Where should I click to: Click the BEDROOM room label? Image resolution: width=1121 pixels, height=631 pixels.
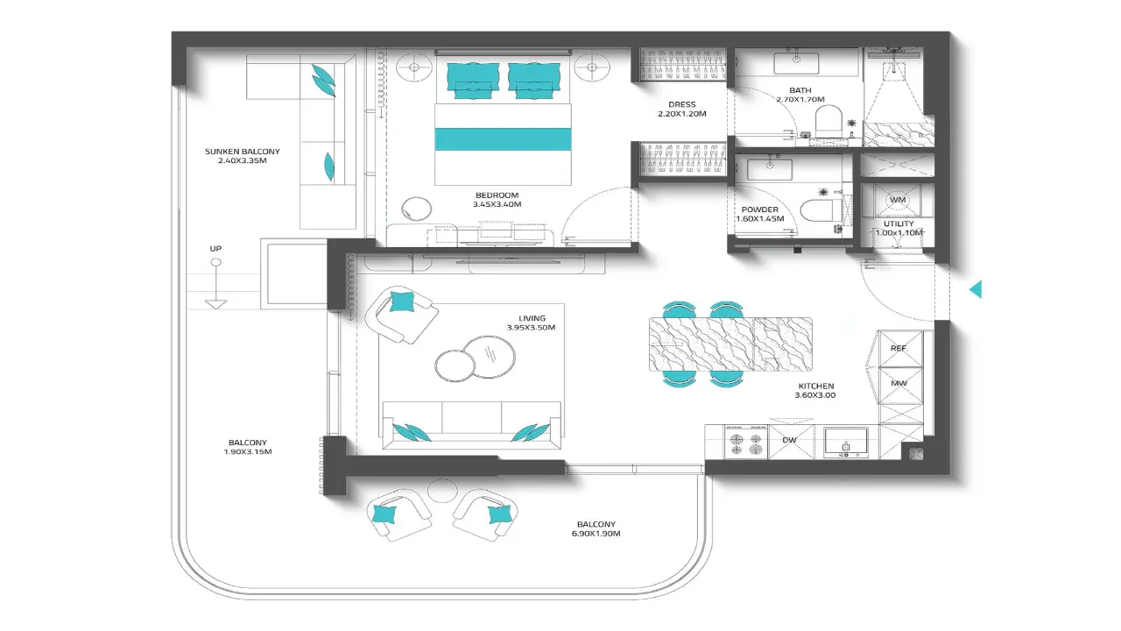click(497, 195)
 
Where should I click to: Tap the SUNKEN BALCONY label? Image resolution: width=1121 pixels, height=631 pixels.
click(243, 152)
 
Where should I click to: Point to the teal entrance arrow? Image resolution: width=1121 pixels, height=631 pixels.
click(976, 289)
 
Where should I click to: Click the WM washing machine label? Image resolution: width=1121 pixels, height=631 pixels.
click(898, 200)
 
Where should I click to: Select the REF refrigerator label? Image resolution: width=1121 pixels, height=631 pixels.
click(899, 348)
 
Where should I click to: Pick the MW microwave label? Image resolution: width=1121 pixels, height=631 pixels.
click(899, 383)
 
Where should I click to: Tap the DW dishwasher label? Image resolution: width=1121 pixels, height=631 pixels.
click(789, 440)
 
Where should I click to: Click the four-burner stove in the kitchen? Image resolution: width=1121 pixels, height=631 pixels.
click(745, 443)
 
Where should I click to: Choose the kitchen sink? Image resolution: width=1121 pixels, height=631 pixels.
click(846, 443)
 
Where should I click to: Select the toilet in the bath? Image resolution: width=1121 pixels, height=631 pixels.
click(828, 120)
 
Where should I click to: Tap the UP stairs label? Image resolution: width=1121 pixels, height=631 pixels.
click(215, 249)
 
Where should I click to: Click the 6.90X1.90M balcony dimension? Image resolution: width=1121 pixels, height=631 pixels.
click(596, 534)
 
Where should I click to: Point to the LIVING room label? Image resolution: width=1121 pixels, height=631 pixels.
click(532, 318)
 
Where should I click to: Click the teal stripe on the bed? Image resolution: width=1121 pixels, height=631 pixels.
click(503, 139)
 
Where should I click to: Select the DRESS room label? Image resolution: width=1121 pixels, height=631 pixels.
click(682, 104)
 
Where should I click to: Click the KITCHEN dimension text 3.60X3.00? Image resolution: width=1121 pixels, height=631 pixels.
click(815, 395)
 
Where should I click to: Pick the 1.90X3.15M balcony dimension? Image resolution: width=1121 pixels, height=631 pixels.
click(248, 451)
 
